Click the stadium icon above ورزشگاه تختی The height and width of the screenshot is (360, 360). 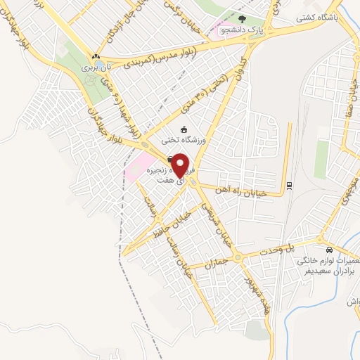click(x=184, y=129)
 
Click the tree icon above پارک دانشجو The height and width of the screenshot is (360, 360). click(x=243, y=20)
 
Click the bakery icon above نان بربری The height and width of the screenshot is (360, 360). click(x=95, y=56)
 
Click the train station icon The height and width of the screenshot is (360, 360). click(x=289, y=186)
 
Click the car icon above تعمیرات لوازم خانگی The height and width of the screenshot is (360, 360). click(x=328, y=249)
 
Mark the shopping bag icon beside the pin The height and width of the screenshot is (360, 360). click(x=169, y=160)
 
